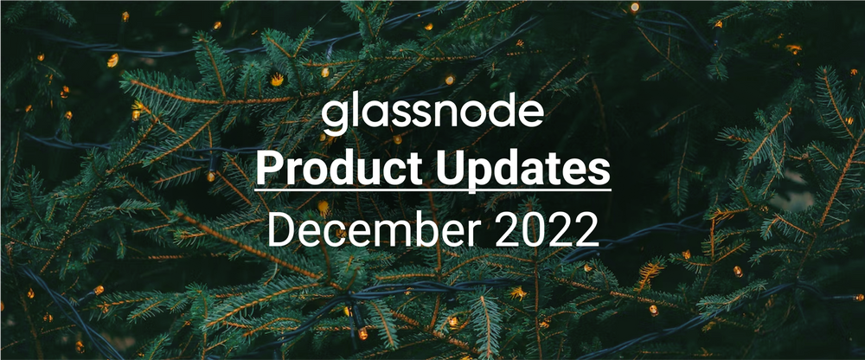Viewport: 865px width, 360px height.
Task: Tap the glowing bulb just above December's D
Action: pyautogui.click(x=322, y=207)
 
